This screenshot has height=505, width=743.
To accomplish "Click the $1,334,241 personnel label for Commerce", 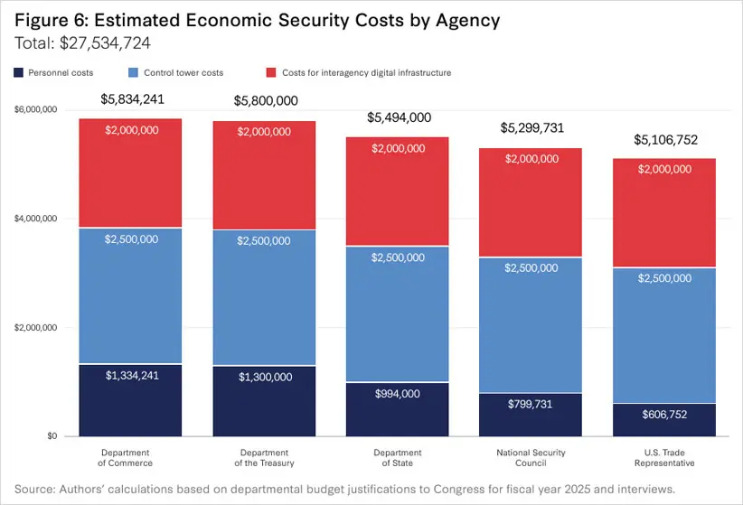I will pyautogui.click(x=131, y=376).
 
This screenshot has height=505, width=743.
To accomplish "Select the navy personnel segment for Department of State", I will pyautogui.click(x=398, y=409).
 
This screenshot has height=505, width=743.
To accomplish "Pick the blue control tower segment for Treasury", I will pyautogui.click(x=264, y=298).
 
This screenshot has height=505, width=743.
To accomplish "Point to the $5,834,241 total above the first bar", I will pyautogui.click(x=131, y=99).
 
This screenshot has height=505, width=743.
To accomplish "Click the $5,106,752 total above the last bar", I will pyautogui.click(x=663, y=140).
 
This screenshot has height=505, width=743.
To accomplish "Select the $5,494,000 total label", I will pyautogui.click(x=398, y=117).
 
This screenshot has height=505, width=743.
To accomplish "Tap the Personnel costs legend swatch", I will pyautogui.click(x=19, y=71).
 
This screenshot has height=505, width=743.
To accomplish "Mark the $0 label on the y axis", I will pyautogui.click(x=52, y=436).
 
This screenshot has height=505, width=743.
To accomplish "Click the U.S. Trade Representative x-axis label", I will pyautogui.click(x=663, y=458).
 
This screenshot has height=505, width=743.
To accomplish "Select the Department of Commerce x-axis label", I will pyautogui.click(x=131, y=458).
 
